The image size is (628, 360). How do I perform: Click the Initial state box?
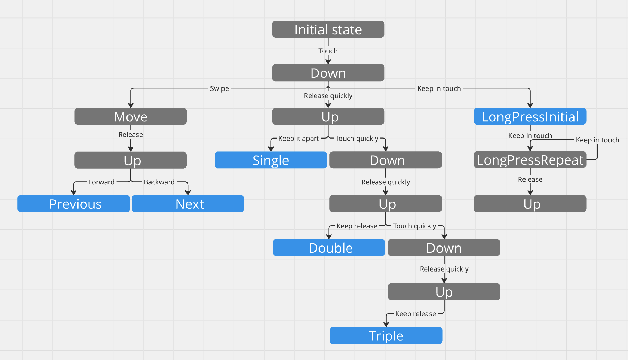(328, 29)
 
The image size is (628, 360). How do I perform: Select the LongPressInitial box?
(530, 117)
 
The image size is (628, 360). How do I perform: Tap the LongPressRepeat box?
(530, 160)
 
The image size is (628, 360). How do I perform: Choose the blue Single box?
(271, 160)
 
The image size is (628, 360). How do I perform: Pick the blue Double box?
(329, 248)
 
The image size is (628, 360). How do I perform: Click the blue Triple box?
(386, 335)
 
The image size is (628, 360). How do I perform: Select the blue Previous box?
(74, 204)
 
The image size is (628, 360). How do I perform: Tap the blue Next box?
(188, 204)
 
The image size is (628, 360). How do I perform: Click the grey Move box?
(131, 117)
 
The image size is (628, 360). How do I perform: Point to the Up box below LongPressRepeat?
(530, 204)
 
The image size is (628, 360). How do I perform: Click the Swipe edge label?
(219, 88)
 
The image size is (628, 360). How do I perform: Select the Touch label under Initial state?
(328, 51)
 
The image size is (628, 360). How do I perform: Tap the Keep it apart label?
(299, 139)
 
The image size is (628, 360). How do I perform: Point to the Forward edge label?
(101, 182)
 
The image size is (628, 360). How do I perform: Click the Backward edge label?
(159, 182)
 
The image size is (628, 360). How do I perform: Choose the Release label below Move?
(131, 135)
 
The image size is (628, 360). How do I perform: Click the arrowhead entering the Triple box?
(386, 324)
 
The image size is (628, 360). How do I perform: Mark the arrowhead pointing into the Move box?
(131, 105)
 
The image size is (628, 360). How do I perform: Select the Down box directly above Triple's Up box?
(444, 248)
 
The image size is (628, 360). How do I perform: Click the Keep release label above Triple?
(415, 314)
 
